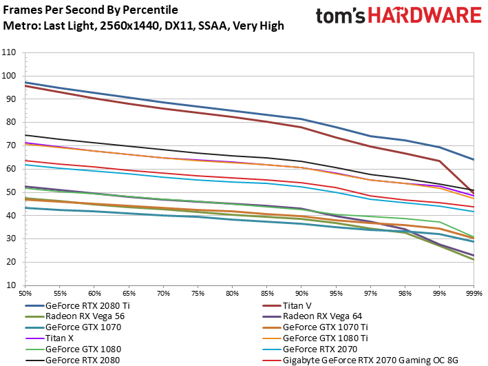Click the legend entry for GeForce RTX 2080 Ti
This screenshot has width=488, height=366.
(x=88, y=305)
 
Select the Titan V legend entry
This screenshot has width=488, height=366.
(x=297, y=305)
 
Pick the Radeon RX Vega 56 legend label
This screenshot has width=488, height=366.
(x=85, y=316)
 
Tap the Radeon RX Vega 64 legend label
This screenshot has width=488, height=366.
(x=322, y=316)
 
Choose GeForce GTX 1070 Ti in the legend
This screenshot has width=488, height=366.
(x=326, y=327)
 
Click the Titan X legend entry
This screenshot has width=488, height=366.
(x=59, y=338)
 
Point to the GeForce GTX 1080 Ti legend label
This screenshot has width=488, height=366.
(x=326, y=338)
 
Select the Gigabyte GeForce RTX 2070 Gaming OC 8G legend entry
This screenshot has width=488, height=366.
(x=370, y=360)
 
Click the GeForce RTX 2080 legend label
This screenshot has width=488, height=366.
(x=83, y=360)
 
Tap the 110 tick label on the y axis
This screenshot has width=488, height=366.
(x=9, y=52)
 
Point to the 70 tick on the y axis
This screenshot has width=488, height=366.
(x=10, y=145)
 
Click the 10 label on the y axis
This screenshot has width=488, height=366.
(x=10, y=285)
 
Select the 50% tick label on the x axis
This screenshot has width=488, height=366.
(x=25, y=294)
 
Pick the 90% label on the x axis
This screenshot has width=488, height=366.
(x=301, y=294)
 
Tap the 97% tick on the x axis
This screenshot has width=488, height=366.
(x=370, y=294)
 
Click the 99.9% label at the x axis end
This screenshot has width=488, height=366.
(x=474, y=294)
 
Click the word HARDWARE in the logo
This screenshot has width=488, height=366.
(x=425, y=15)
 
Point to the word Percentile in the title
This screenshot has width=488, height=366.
(x=150, y=10)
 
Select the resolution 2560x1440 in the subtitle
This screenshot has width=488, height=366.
(x=129, y=26)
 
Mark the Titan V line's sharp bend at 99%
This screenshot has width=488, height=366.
(x=439, y=161)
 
